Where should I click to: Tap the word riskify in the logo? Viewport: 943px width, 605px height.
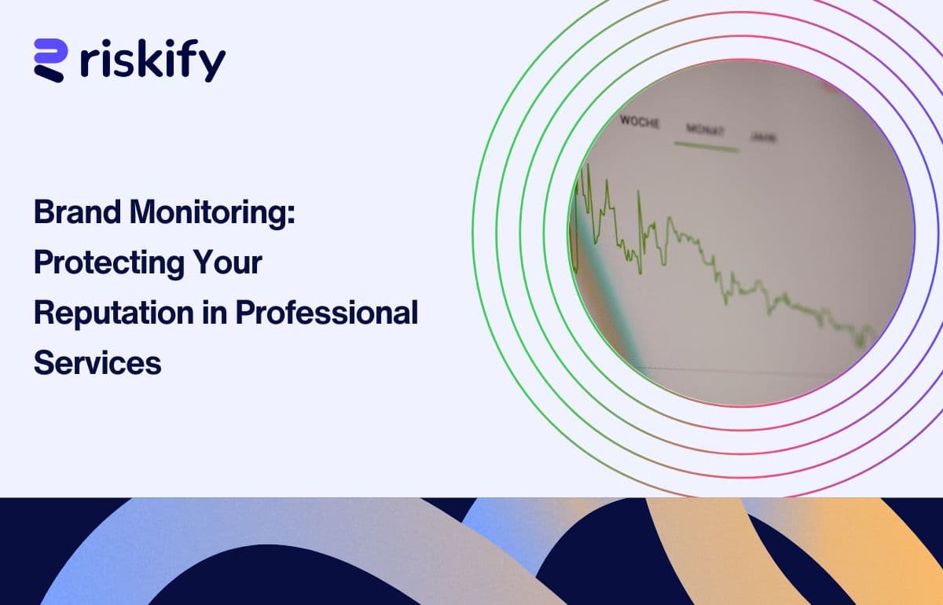coord(152,60)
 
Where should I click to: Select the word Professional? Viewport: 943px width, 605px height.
coord(327,313)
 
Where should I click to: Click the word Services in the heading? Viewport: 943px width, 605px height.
coord(97,363)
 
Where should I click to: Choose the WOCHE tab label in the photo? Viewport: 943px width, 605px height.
coord(640,122)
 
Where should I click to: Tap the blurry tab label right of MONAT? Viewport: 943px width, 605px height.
coord(764,137)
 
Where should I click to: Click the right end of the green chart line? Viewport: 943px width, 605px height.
coord(875,332)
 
